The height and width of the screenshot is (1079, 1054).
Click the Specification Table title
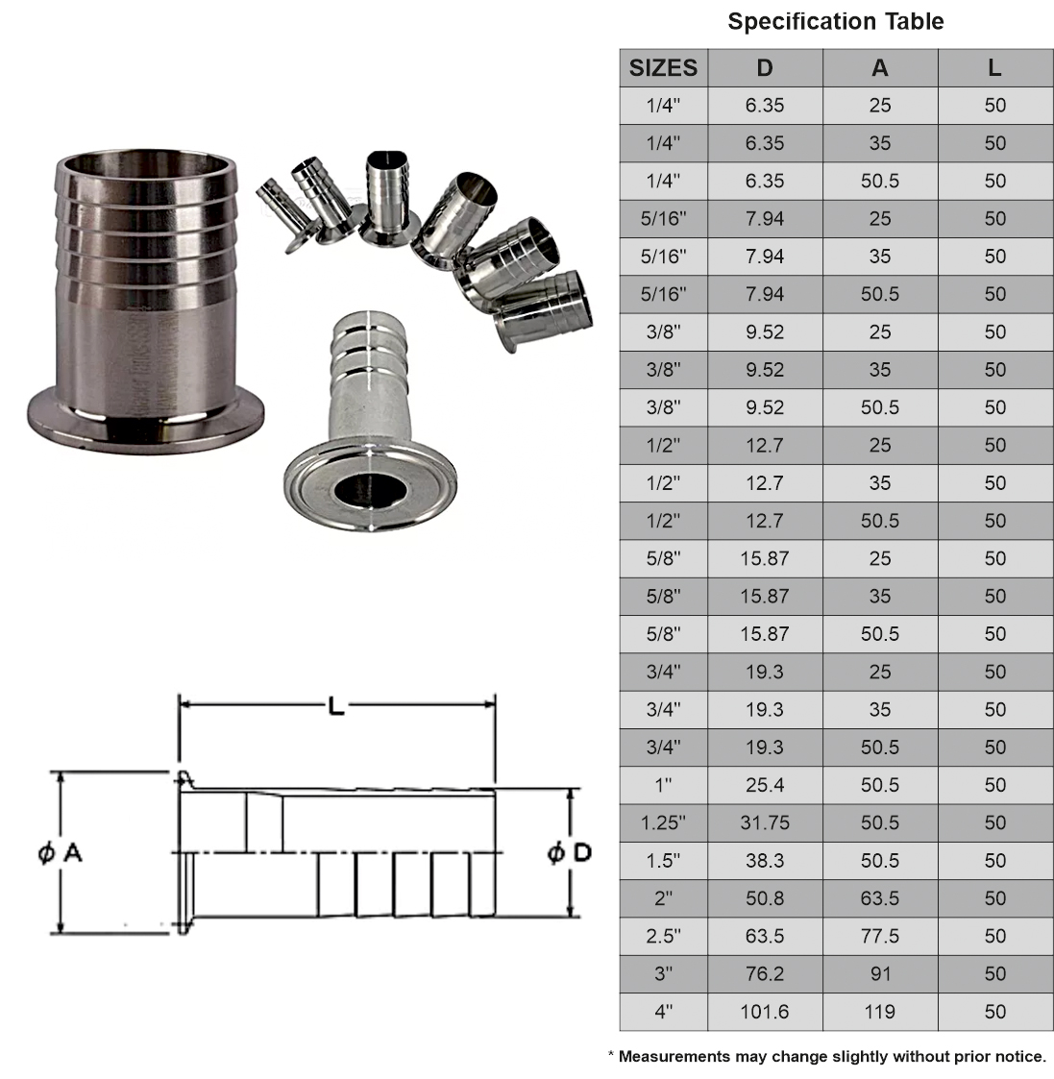point(835,21)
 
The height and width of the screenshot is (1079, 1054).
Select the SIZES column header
point(663,68)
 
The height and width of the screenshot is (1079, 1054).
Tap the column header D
point(765,68)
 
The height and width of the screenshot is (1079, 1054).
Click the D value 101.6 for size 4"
point(765,1011)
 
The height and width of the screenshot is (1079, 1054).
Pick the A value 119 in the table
point(879,1011)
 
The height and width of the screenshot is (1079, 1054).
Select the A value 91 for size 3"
point(879,973)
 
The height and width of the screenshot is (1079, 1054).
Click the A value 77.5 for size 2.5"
point(879,936)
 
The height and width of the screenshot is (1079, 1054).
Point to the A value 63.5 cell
point(879,898)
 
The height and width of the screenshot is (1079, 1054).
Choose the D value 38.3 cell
point(765,860)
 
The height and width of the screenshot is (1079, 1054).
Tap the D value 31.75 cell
point(765,822)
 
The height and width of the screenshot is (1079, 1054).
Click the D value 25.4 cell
point(765,785)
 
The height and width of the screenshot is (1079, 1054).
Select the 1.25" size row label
point(663,822)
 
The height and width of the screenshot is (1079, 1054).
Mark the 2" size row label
point(663,898)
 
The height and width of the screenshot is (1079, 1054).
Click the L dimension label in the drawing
point(335,706)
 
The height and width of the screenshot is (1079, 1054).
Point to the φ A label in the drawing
point(60,851)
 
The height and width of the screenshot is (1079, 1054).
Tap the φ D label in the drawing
point(569,851)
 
